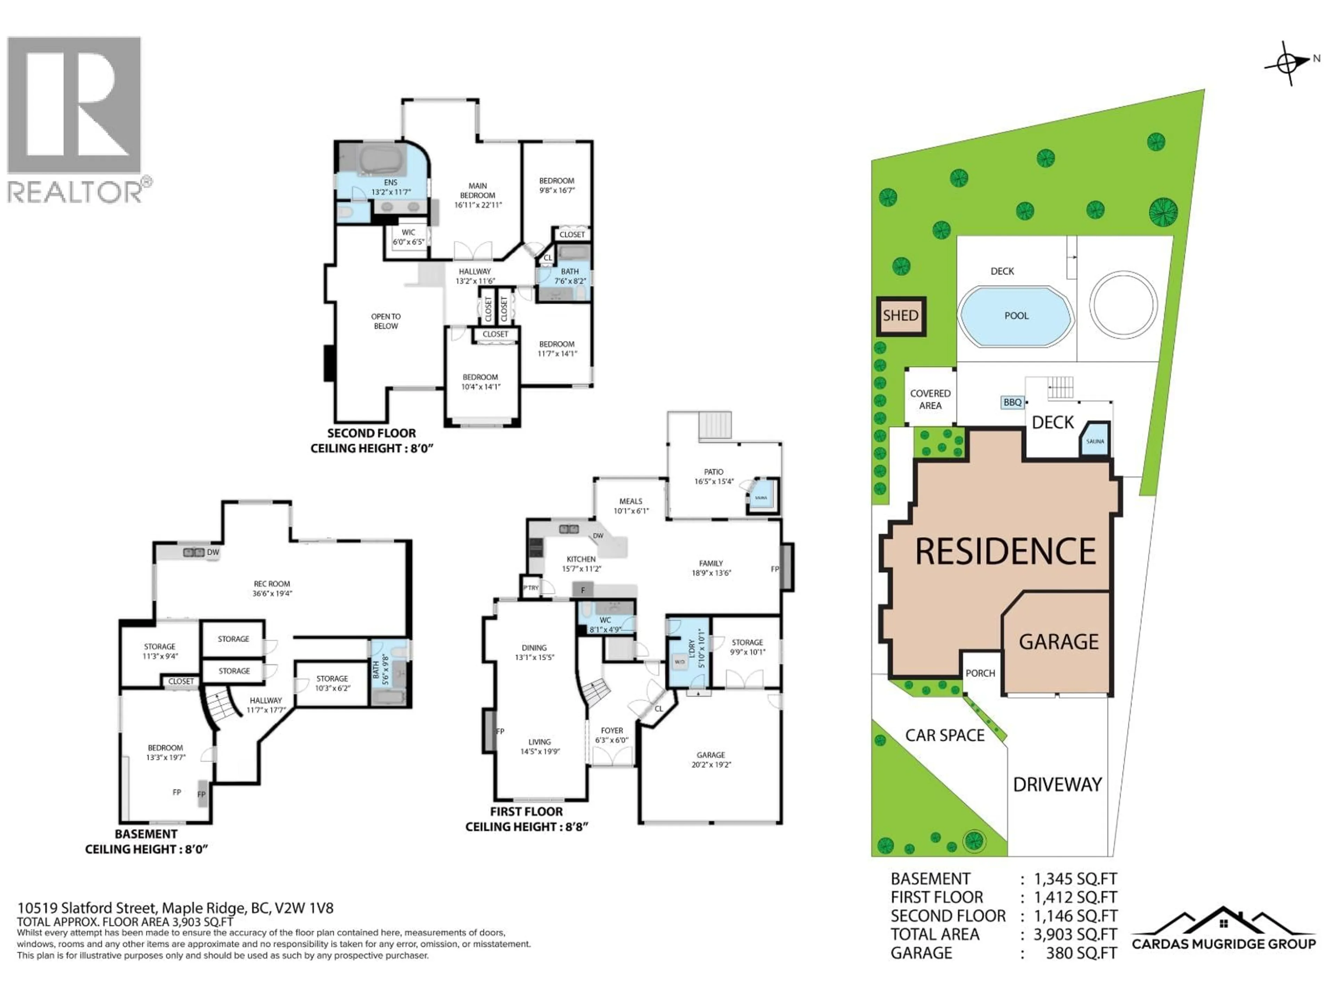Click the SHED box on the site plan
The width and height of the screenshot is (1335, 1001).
tap(900, 316)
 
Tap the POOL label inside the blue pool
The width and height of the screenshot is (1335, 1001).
tap(1016, 316)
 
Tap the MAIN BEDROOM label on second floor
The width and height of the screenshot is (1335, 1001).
tap(477, 191)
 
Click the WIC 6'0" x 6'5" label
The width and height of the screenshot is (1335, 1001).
tap(408, 237)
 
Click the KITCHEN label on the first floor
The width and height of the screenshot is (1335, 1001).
tap(581, 559)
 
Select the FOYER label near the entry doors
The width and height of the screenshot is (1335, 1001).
tap(612, 731)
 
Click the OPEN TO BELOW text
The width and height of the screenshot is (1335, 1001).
tap(386, 321)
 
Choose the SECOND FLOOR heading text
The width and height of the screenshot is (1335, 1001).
tap(371, 433)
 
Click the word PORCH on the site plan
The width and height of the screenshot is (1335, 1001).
tap(980, 673)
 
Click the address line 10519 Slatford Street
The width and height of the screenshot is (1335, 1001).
tap(175, 908)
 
